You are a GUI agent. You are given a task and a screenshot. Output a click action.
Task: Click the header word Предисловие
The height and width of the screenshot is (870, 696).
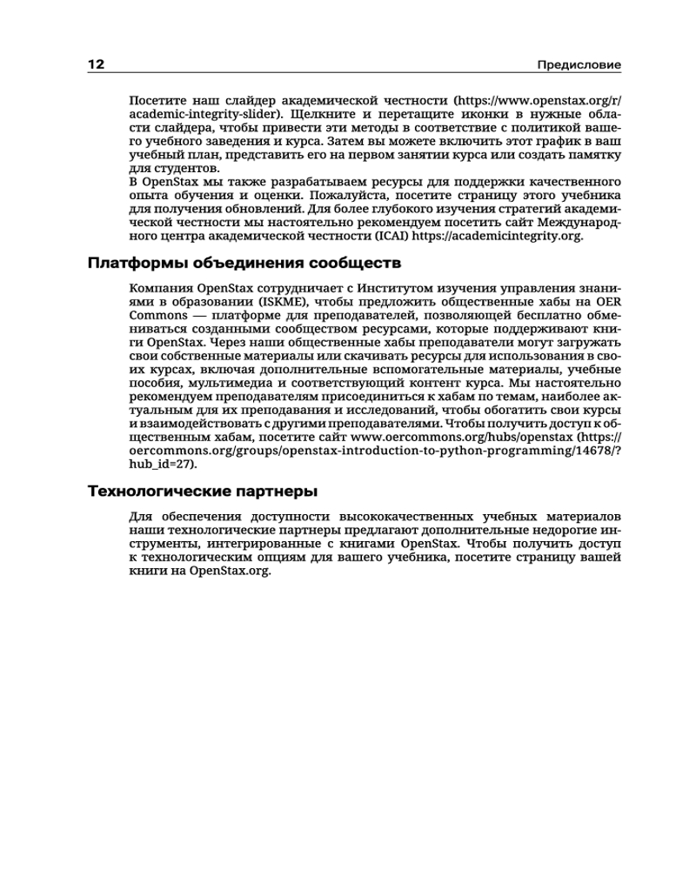click(579, 65)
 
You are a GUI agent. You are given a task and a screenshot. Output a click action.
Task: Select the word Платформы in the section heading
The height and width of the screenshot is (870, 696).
click(139, 262)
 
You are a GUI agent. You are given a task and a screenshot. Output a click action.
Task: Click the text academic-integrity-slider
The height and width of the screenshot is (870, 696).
click(202, 114)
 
